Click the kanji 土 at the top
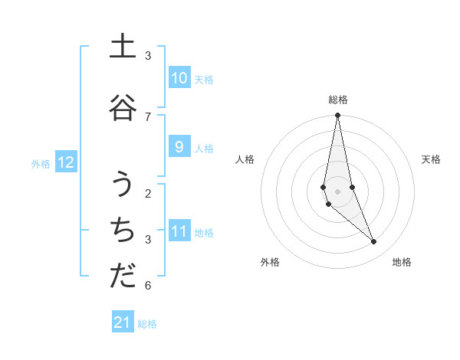[x=123, y=47]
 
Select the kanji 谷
[x=123, y=108]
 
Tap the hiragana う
[x=123, y=184]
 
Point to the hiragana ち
[x=123, y=231]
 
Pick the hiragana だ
[x=123, y=277]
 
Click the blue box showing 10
[x=179, y=78]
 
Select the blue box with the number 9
[x=179, y=147]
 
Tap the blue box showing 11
[x=179, y=231]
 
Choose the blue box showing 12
[x=66, y=162]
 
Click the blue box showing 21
[x=123, y=322]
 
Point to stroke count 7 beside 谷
[x=148, y=116]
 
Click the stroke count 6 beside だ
[x=148, y=286]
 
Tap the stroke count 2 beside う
[x=148, y=193]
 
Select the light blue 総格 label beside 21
[x=147, y=324]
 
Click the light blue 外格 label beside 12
[x=41, y=163]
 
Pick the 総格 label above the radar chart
[x=337, y=100]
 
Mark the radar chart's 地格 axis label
[x=402, y=262]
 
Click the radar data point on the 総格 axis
[x=337, y=116]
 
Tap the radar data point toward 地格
[x=374, y=242]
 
